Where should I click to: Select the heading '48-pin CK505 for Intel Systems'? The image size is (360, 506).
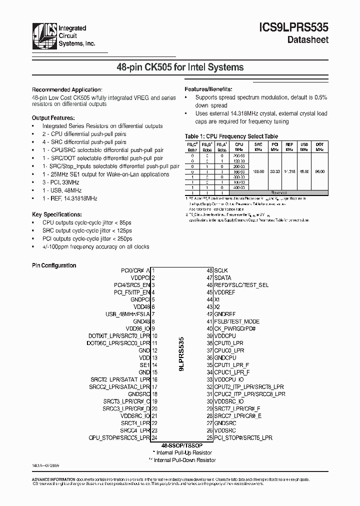click(x=180, y=67)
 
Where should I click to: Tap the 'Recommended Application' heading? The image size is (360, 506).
click(x=67, y=89)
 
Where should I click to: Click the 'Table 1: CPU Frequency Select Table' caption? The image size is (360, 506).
click(x=231, y=136)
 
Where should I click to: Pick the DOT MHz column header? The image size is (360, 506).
click(x=319, y=146)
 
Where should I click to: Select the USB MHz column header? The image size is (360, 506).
click(x=303, y=146)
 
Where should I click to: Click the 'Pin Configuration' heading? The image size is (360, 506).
click(x=54, y=265)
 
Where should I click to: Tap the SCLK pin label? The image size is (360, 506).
click(x=221, y=270)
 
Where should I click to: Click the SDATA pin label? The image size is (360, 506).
click(x=222, y=277)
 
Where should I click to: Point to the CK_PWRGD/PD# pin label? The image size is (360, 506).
click(x=235, y=329)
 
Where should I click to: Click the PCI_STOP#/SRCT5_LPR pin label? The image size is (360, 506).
click(x=243, y=437)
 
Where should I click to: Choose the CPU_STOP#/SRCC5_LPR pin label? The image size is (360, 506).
click(x=119, y=437)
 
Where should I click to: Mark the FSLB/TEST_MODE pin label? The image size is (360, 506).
click(x=236, y=321)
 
